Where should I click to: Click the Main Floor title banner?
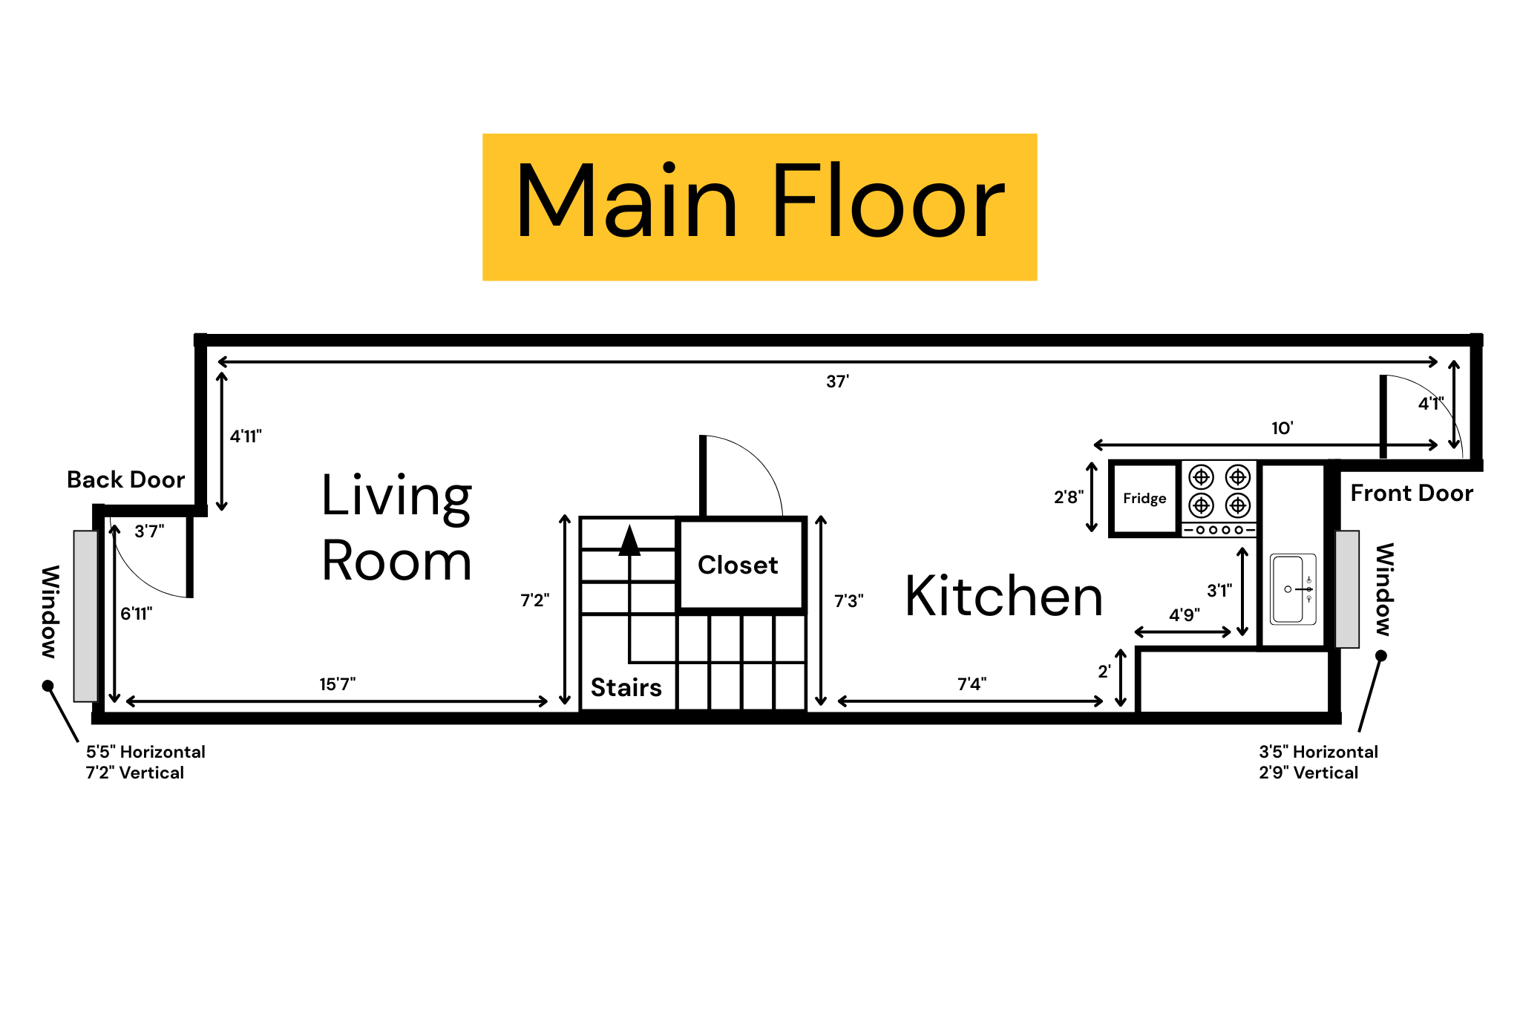[759, 206]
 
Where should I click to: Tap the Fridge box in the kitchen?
[1144, 498]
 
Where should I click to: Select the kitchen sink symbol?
[1293, 589]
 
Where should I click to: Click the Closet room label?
[738, 565]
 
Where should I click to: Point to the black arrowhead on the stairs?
[629, 541]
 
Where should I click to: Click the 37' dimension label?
[837, 381]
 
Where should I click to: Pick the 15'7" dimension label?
[337, 683]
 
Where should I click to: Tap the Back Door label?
[125, 479]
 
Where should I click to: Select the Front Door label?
[1411, 493]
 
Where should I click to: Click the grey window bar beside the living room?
[85, 616]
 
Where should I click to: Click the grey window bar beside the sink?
[1347, 589]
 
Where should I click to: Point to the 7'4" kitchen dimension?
[972, 683]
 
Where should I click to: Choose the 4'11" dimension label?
[246, 436]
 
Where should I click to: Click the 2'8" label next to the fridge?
[1068, 497]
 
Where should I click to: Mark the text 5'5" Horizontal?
[145, 752]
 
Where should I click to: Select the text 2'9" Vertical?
[1308, 773]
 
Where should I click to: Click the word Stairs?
[626, 687]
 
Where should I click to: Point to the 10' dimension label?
[1282, 428]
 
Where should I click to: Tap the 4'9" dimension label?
[1184, 614]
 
